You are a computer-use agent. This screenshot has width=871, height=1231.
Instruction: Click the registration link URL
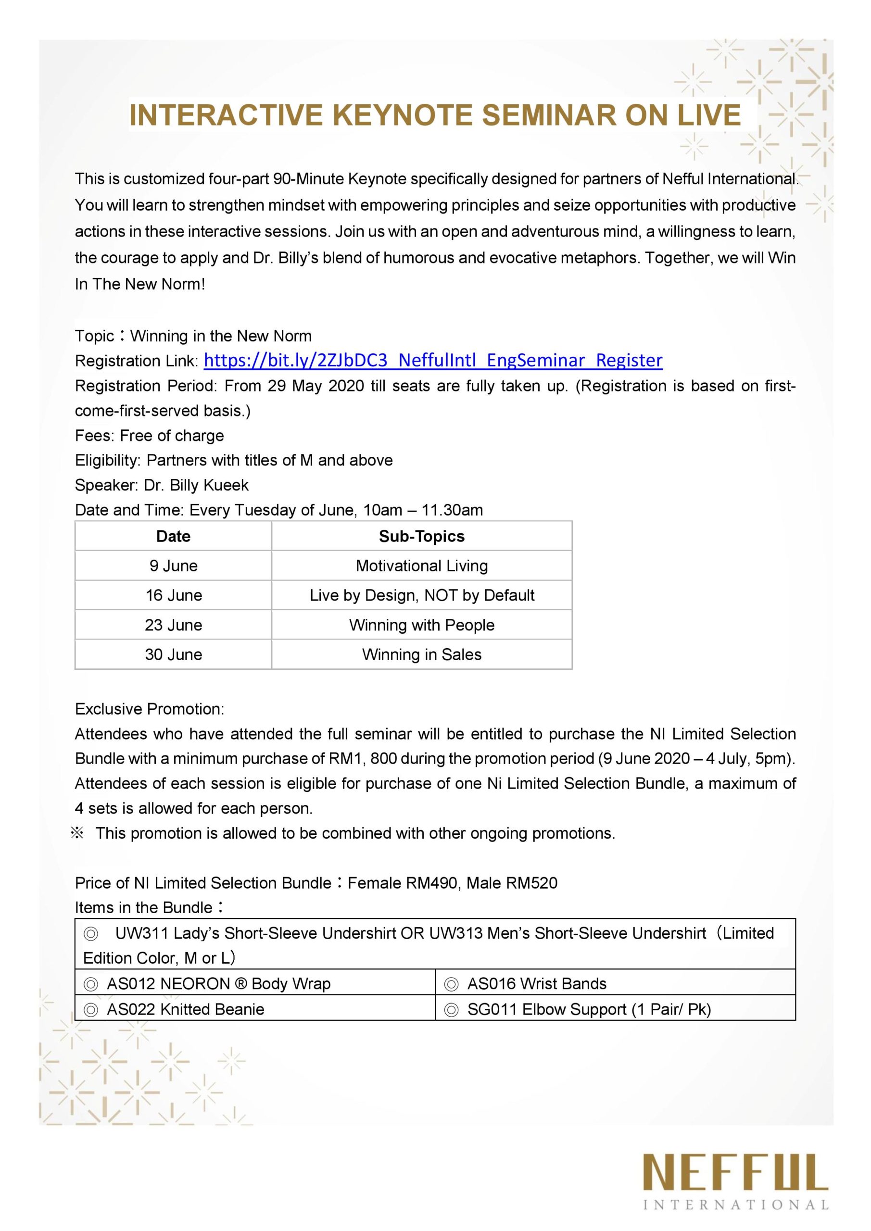pyautogui.click(x=433, y=360)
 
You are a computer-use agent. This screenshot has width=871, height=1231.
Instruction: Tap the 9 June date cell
pyautogui.click(x=173, y=565)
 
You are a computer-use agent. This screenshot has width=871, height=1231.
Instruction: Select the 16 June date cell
pyautogui.click(x=173, y=595)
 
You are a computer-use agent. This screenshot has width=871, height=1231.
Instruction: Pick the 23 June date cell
pyautogui.click(x=173, y=625)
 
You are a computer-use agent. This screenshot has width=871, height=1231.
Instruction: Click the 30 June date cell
pyautogui.click(x=173, y=654)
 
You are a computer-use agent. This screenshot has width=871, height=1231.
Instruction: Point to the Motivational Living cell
pyautogui.click(x=422, y=565)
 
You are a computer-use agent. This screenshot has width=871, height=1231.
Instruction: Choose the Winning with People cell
pyautogui.click(x=422, y=625)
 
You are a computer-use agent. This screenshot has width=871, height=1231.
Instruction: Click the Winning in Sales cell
pyautogui.click(x=422, y=654)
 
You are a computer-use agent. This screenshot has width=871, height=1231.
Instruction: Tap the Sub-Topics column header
pyautogui.click(x=422, y=536)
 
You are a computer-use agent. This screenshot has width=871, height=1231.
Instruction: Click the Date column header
pyautogui.click(x=173, y=536)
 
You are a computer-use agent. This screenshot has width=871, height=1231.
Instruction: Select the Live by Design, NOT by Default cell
pyautogui.click(x=422, y=595)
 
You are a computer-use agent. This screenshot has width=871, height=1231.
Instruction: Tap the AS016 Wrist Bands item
pyautogui.click(x=536, y=984)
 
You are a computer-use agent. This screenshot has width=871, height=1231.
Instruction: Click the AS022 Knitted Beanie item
pyautogui.click(x=185, y=1010)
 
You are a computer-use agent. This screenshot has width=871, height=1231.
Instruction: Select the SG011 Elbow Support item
pyautogui.click(x=588, y=1010)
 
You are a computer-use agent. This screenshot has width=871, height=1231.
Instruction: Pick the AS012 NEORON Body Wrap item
pyautogui.click(x=218, y=984)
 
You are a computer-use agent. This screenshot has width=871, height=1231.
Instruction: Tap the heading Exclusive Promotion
pyautogui.click(x=150, y=709)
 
